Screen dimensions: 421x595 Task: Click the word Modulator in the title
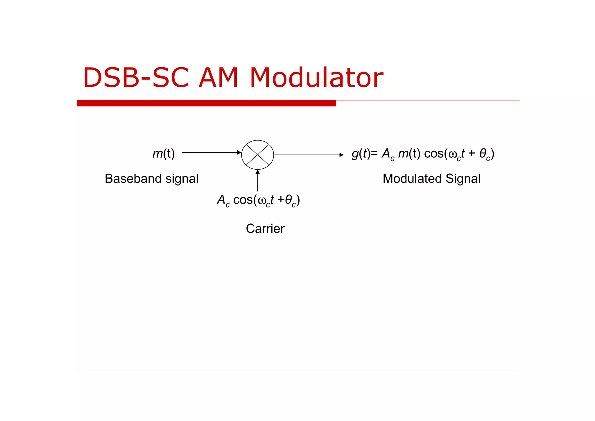(317, 78)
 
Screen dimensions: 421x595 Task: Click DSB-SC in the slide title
(136, 78)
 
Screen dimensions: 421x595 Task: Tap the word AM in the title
(218, 78)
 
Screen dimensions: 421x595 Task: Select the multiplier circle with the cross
(257, 155)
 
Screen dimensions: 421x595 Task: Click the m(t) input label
(164, 154)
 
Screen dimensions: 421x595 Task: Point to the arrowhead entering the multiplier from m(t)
(239, 152)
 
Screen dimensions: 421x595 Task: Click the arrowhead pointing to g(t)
(341, 155)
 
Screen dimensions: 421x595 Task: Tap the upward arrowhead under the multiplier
(257, 172)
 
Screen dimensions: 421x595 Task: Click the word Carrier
(265, 228)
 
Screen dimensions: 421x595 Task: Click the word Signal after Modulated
(463, 179)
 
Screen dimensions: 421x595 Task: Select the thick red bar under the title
(206, 103)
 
